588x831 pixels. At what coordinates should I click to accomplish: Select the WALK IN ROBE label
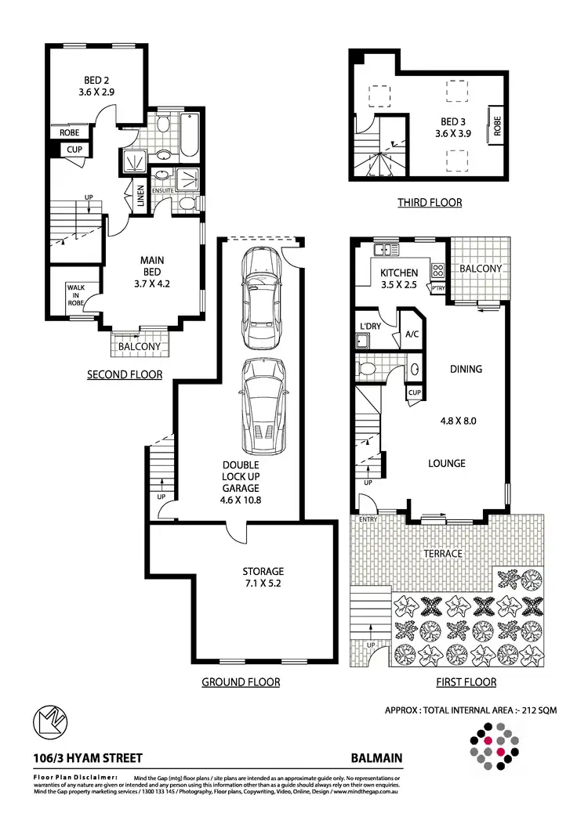[76, 295]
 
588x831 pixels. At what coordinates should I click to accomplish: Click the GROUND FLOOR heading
[241, 682]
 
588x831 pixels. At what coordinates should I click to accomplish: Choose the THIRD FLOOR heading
[429, 203]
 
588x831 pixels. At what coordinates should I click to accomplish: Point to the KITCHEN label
[398, 273]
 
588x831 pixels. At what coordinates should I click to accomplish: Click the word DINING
[466, 369]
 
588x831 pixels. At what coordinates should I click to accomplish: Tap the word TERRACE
[444, 554]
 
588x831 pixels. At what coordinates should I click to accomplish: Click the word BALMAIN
[376, 758]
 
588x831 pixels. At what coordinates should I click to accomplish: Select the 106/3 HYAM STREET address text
[76, 758]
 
